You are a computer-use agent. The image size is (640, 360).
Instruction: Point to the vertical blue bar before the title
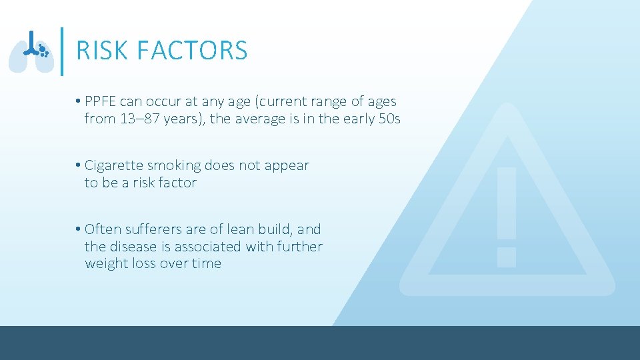point(62,51)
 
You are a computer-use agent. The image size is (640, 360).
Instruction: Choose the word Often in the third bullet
point(101,229)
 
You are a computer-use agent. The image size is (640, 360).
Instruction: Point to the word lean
point(241,229)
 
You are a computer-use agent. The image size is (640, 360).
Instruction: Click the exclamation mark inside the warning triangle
point(507,217)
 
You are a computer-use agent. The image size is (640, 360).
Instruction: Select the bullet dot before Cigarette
point(79,165)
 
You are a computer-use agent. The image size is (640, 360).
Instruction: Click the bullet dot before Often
point(79,229)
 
